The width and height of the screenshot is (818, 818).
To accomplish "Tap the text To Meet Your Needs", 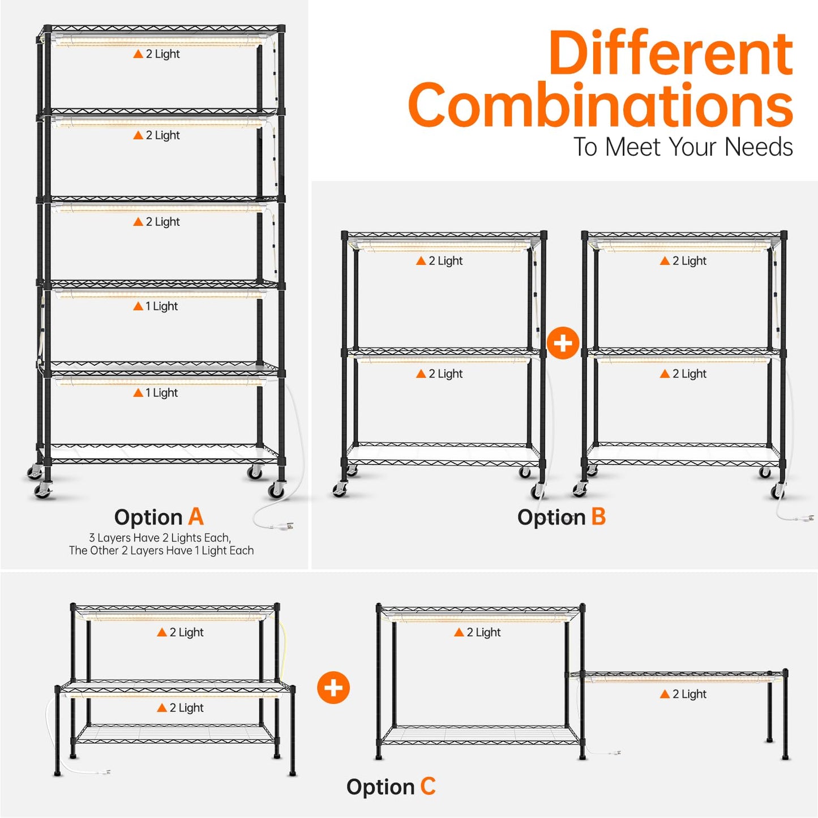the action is click(x=683, y=147).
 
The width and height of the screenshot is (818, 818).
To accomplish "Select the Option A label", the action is click(x=159, y=517).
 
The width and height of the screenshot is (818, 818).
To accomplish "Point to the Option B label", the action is click(x=562, y=517).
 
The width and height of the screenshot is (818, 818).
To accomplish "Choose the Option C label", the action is click(x=391, y=787).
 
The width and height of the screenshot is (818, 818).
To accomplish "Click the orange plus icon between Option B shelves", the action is click(x=563, y=343).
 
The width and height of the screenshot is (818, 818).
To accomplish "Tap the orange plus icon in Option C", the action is click(x=333, y=687).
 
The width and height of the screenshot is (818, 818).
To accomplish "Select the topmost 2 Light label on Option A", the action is click(x=157, y=54).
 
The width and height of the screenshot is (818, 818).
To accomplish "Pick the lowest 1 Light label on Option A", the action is click(x=155, y=393).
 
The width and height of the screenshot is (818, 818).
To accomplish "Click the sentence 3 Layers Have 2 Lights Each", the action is click(x=160, y=538).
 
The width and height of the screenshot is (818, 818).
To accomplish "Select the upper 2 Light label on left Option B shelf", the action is click(x=439, y=260).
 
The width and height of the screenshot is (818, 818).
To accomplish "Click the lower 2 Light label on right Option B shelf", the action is click(x=683, y=374).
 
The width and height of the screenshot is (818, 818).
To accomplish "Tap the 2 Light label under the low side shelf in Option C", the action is click(x=683, y=694).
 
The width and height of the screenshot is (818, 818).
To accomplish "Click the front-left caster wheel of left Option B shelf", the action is click(x=340, y=490).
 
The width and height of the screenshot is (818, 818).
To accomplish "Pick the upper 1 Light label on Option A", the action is click(x=155, y=306).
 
